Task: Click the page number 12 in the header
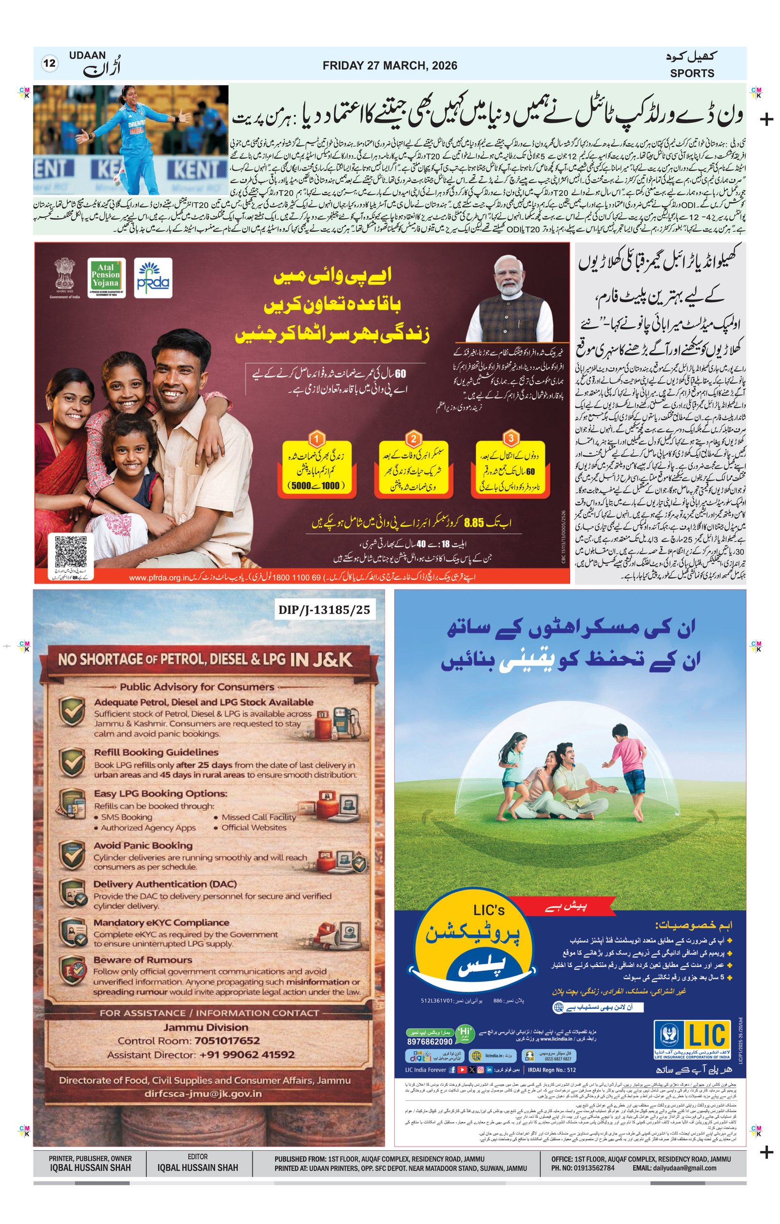[x=49, y=64]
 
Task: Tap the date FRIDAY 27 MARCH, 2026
[x=390, y=66]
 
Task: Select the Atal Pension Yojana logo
[x=106, y=278]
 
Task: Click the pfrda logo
[x=153, y=278]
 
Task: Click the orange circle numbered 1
[x=316, y=438]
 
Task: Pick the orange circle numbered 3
[x=510, y=438]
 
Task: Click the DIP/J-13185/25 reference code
[x=324, y=610]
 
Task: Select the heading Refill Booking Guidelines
[x=156, y=752]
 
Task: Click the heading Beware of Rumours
[x=142, y=959]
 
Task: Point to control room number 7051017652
[x=227, y=1040]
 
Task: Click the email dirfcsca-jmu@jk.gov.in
[x=202, y=1094]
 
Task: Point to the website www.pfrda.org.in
[x=159, y=578]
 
